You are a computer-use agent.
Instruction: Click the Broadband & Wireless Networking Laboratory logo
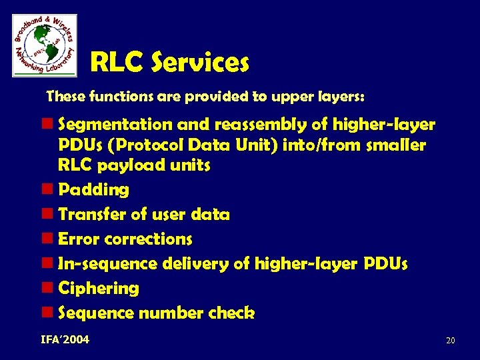pos(45,45)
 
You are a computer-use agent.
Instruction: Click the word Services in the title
pos(200,63)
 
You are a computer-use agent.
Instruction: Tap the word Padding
pos(94,190)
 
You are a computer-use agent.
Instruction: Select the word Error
pos(79,239)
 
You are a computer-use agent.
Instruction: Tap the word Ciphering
pos(99,289)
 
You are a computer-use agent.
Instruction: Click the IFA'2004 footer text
pos(65,340)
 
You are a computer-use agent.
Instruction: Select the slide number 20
pos(450,341)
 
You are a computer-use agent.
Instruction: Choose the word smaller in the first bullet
pos(396,145)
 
